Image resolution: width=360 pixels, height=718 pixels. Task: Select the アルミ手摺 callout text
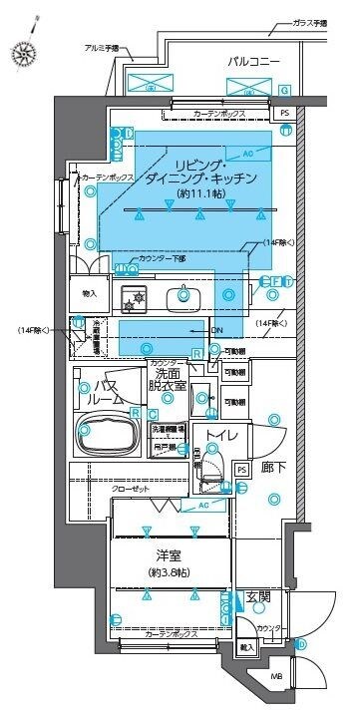pyautogui.click(x=101, y=47)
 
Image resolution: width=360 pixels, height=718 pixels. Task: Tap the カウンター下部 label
pyautogui.click(x=162, y=258)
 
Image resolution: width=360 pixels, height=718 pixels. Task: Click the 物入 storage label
pyautogui.click(x=89, y=293)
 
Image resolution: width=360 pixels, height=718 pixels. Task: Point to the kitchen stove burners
pyautogui.click(x=134, y=295)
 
